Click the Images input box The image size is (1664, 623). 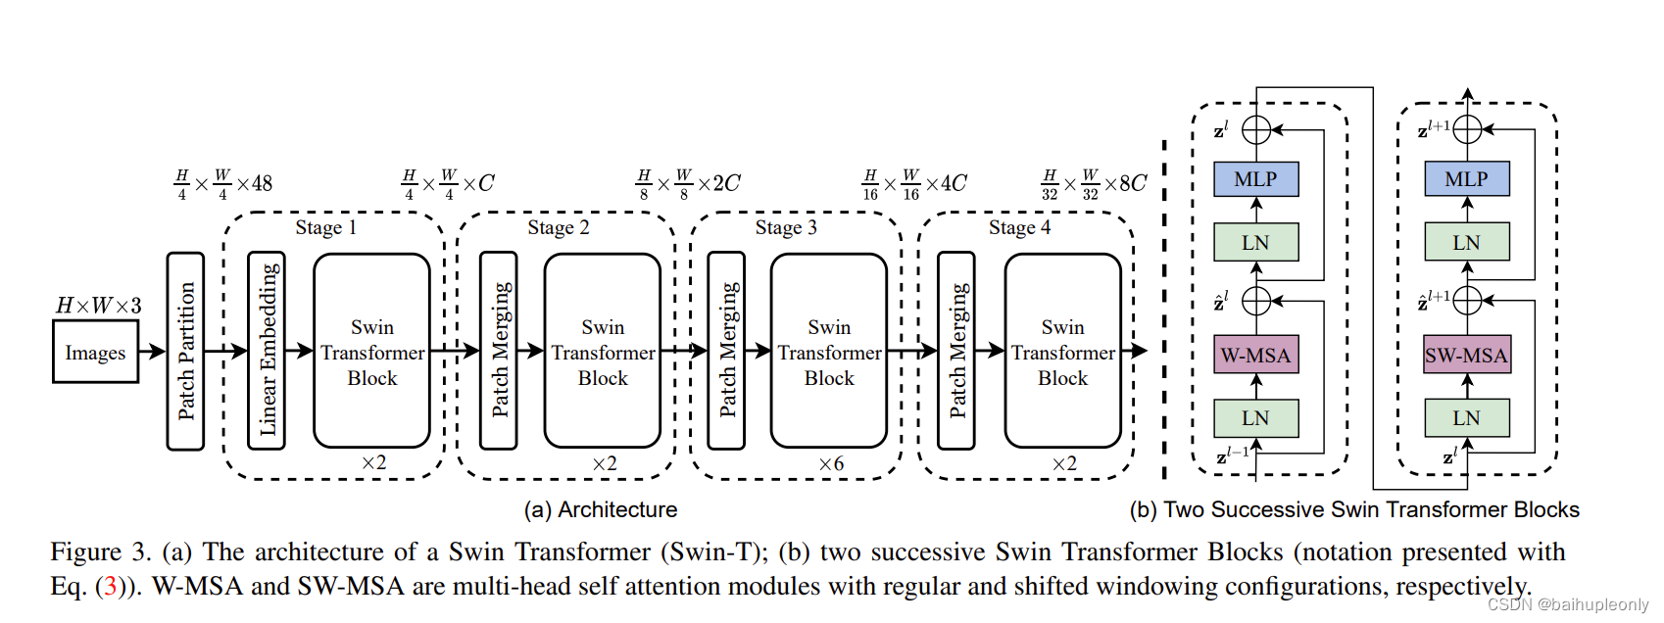tap(95, 353)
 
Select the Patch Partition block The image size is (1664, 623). tap(185, 351)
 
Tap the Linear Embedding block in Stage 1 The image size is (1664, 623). tap(267, 351)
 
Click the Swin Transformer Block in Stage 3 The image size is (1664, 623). tap(829, 351)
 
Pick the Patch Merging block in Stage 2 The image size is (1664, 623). tap(499, 351)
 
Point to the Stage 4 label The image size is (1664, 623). tap(1019, 227)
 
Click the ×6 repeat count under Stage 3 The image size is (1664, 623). tap(831, 463)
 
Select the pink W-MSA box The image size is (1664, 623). tap(1255, 355)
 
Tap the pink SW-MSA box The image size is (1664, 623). tap(1466, 355)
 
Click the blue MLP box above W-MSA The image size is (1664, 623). tap(1255, 179)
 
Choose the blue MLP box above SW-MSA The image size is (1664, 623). tap(1466, 179)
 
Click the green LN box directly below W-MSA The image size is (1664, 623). tap(1255, 418)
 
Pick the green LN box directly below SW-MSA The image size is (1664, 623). tap(1466, 418)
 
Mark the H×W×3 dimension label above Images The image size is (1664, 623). tap(98, 306)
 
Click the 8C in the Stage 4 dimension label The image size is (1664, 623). tap(1132, 183)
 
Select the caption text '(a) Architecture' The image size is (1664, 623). tap(600, 509)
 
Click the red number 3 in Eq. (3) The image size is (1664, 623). tap(110, 587)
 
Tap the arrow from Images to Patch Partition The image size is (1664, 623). tap(152, 351)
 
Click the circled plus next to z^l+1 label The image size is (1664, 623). tap(1467, 128)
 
